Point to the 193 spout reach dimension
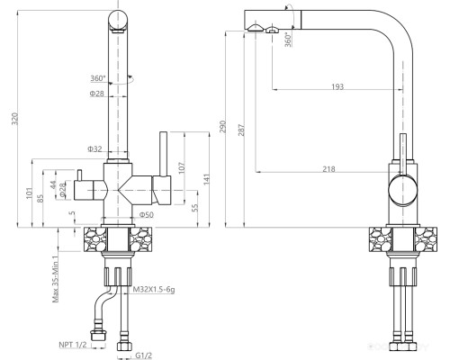tap(337, 86)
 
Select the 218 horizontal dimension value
tap(328, 169)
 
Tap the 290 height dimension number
tap(222, 127)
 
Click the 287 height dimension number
tap(241, 130)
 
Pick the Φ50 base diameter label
tap(147, 215)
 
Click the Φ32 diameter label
tap(94, 148)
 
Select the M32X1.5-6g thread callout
tap(154, 290)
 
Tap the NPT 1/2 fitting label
tap(73, 345)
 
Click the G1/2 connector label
tap(143, 355)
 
